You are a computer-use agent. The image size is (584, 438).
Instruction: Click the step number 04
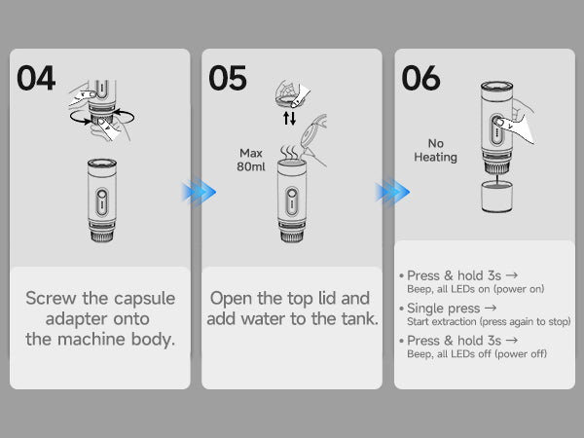(36, 78)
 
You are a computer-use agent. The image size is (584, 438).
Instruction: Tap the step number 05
(228, 78)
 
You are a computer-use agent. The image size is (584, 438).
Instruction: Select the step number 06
(420, 78)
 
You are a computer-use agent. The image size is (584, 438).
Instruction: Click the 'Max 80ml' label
(251, 160)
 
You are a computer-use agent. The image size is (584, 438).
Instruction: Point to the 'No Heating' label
(435, 150)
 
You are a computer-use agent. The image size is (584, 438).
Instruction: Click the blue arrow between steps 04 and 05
(199, 192)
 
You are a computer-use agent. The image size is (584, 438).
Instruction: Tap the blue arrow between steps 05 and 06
(392, 192)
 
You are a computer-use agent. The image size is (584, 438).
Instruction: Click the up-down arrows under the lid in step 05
(289, 118)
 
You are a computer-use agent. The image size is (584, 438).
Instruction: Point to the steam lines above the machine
(289, 153)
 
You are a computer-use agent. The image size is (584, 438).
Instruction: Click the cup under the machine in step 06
(496, 197)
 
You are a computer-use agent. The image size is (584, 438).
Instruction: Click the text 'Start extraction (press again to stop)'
(489, 321)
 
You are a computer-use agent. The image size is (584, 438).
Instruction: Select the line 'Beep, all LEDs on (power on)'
(476, 289)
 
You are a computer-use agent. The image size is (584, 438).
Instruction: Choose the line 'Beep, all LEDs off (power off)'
(477, 354)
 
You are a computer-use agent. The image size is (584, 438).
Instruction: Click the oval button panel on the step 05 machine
(292, 201)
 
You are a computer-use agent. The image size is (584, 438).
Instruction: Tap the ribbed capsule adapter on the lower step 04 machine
(102, 233)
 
